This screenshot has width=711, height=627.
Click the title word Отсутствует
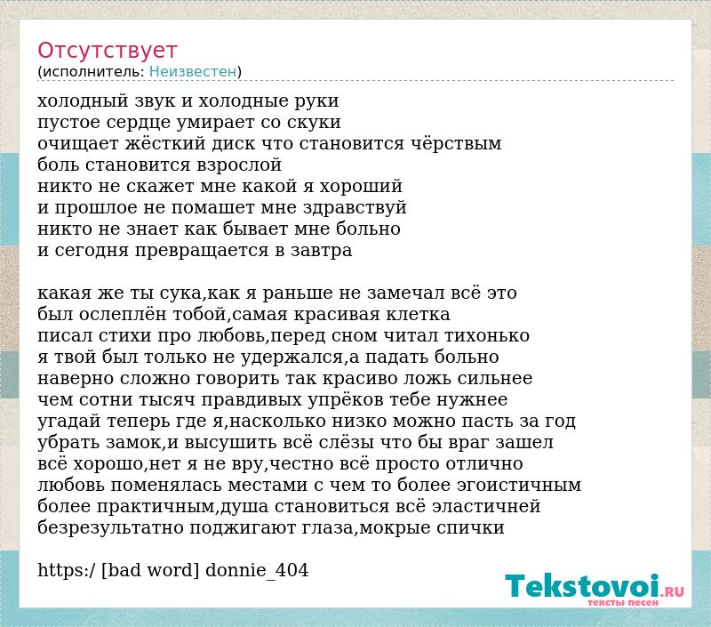tap(107, 51)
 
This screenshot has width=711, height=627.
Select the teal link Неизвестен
tap(193, 71)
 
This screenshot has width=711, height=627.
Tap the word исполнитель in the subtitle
tap(93, 72)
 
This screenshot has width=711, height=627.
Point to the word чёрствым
tap(456, 143)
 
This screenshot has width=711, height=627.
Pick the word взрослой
tap(238, 165)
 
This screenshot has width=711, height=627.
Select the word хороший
tap(361, 187)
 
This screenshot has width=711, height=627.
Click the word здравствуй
tap(355, 208)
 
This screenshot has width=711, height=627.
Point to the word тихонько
tap(486, 335)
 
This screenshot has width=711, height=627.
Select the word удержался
tap(294, 358)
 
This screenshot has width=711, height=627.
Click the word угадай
tap(69, 422)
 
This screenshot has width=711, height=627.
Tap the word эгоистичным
tap(519, 486)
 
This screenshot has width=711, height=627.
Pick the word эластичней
tap(486, 507)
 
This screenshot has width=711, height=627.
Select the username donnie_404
tap(257, 570)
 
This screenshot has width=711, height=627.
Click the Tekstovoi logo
tap(595, 589)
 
